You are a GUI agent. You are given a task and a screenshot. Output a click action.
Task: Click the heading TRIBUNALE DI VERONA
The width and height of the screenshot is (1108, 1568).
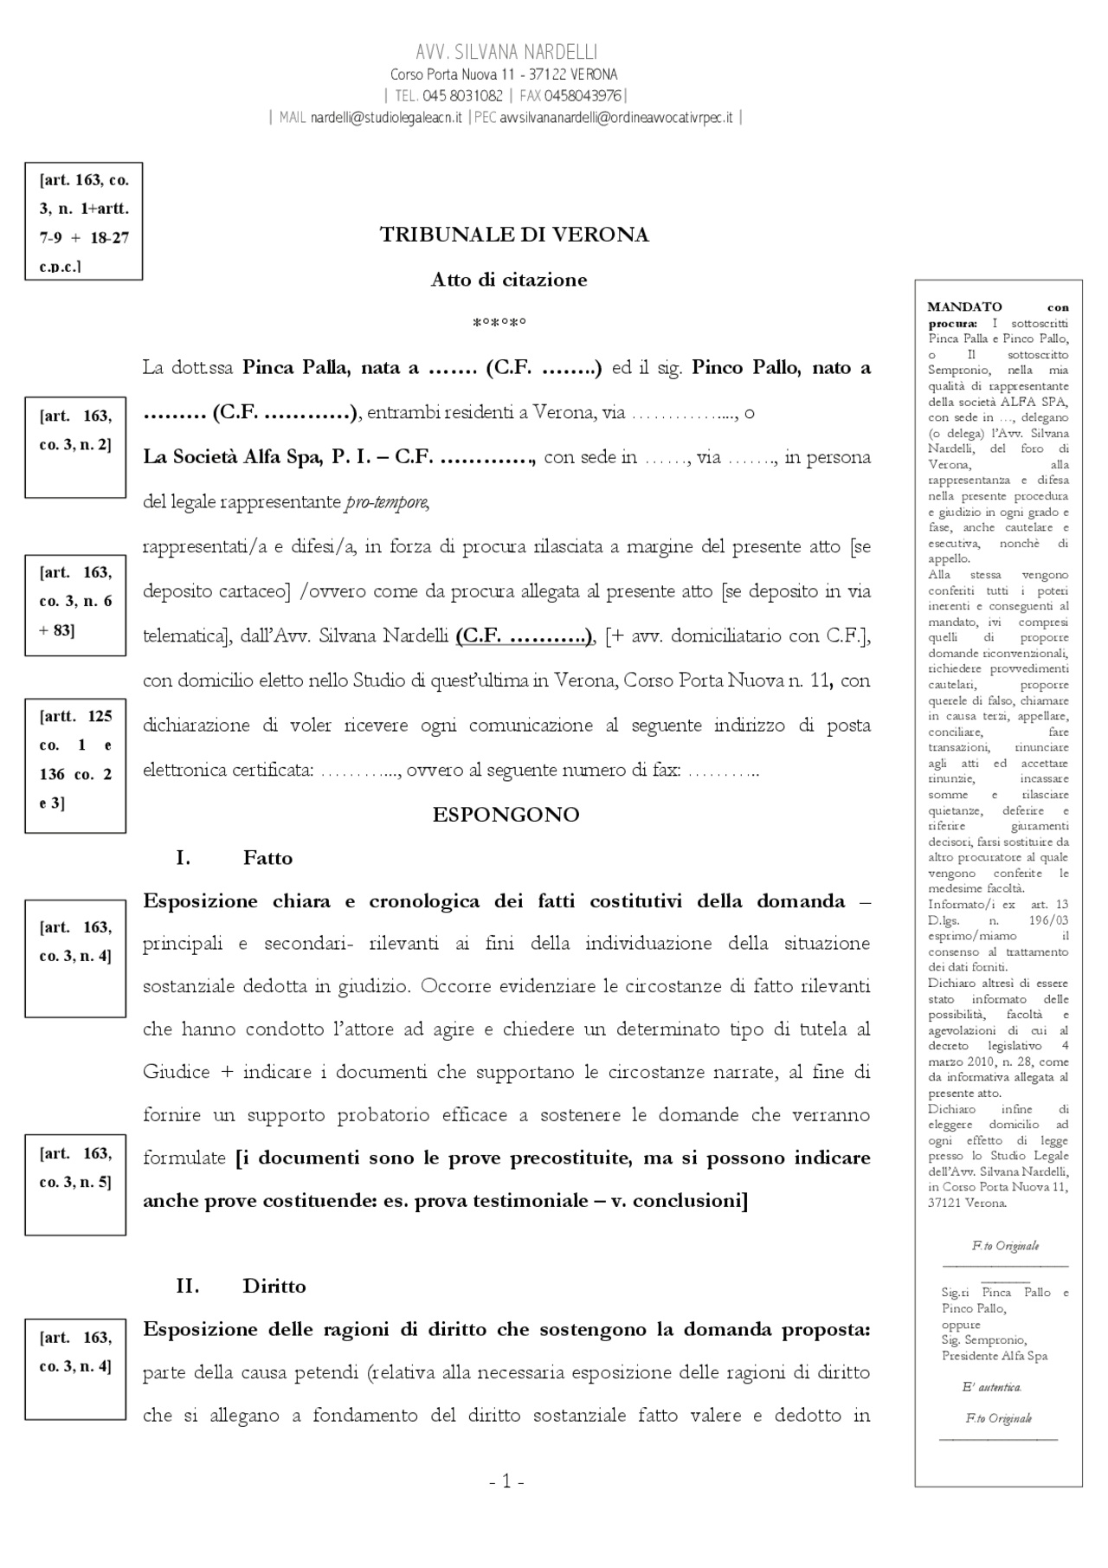point(514,235)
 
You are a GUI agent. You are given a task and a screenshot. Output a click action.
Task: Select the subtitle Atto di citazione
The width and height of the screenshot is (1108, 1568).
point(509,280)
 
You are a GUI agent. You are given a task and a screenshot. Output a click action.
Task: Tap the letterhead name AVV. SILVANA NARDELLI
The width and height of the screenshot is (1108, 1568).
point(506,52)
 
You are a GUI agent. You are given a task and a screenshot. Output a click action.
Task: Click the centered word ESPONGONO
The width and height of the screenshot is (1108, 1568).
point(506,815)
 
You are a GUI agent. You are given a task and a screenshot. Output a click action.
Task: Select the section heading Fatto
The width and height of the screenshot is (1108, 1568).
point(267,858)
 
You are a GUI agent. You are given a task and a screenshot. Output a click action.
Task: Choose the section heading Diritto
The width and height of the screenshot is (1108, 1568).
point(274,1286)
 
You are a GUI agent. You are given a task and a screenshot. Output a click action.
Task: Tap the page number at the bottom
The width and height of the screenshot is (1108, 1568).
point(506,1481)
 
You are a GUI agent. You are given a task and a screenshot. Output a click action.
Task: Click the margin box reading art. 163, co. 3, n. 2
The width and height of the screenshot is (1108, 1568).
point(75,447)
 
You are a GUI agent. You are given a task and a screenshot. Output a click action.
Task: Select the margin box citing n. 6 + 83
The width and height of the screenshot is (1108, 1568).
point(75,604)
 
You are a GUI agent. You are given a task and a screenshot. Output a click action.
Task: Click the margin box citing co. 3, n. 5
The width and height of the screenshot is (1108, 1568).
point(75,1184)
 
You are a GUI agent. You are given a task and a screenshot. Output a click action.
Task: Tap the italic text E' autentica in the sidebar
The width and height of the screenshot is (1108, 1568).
point(992,1387)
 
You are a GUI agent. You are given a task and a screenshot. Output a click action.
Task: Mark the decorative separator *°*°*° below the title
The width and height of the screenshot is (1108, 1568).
point(499,324)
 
